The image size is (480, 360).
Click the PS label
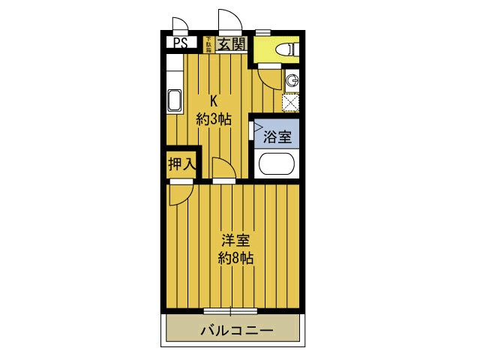(180, 43)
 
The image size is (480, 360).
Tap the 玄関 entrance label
(231, 44)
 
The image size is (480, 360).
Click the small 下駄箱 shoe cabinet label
(208, 43)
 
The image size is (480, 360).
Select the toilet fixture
(286, 49)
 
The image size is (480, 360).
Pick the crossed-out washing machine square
(291, 102)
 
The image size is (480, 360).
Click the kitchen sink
(173, 100)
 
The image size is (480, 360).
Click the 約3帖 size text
(214, 118)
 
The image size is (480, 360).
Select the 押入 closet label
(181, 163)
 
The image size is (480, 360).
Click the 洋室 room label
(235, 241)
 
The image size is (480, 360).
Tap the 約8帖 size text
(235, 259)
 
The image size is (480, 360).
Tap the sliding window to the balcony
(230, 310)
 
